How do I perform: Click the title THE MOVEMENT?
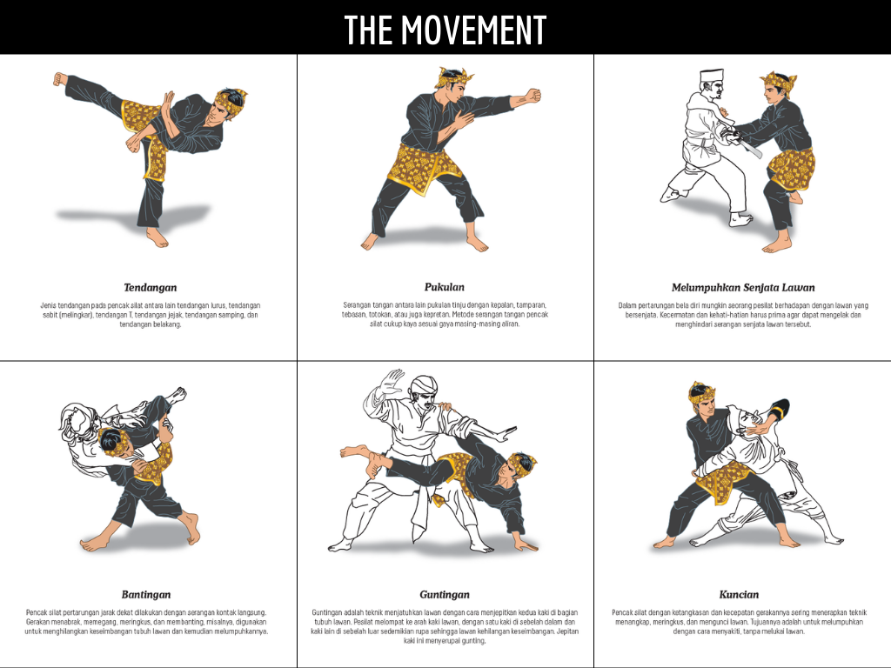(445, 30)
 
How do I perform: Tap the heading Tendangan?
(150, 287)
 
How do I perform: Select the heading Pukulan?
(445, 287)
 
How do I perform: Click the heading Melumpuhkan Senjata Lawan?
(743, 287)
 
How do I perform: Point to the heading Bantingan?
(146, 595)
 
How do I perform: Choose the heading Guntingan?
(445, 595)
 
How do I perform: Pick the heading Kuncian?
(739, 595)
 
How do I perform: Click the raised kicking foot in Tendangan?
(60, 79)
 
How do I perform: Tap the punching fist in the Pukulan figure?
(533, 96)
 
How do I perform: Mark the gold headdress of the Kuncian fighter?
(701, 393)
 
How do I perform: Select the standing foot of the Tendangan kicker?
(157, 238)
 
